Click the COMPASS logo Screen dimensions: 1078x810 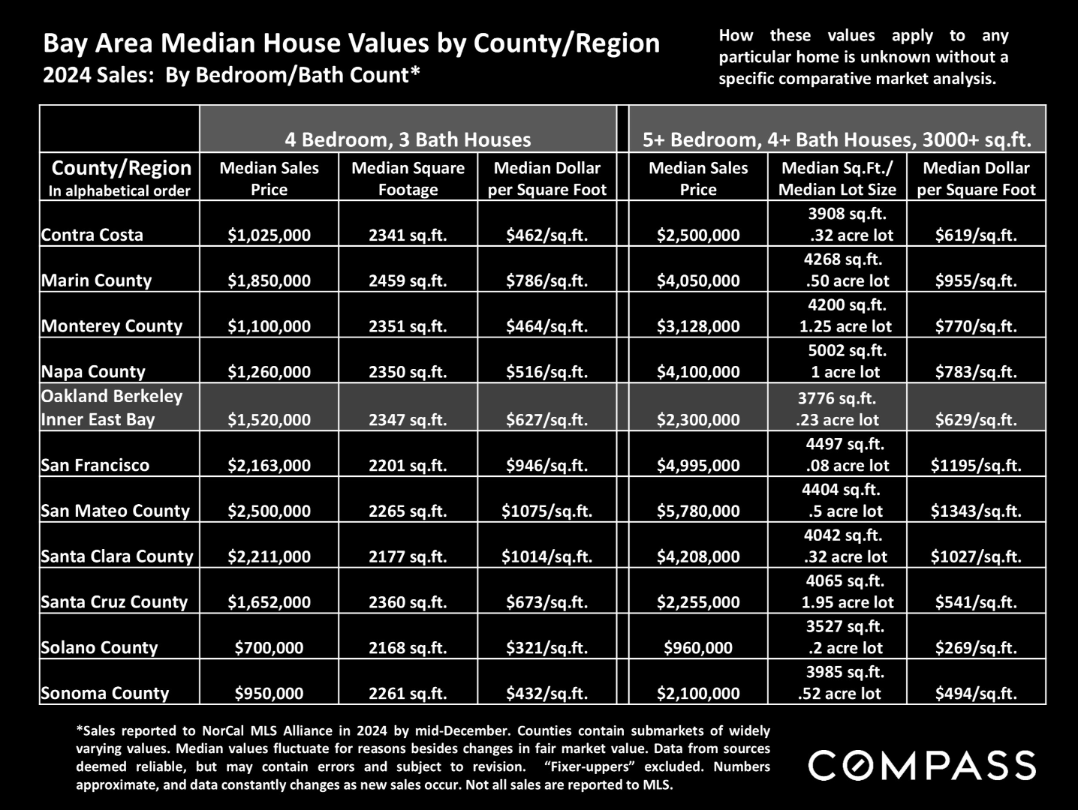pos(922,765)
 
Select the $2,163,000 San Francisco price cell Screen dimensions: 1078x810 pos(269,465)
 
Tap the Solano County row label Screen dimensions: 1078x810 pos(99,647)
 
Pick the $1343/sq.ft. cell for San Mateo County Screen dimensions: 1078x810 pos(976,511)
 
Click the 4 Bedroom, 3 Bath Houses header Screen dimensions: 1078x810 pos(408,139)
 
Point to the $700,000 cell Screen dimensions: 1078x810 pos(269,647)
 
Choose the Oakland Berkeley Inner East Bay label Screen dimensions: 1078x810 pos(112,408)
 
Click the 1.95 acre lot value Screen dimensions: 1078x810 pos(848,602)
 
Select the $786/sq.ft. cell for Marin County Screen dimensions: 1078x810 pos(547,280)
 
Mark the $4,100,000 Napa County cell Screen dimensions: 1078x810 pos(698,372)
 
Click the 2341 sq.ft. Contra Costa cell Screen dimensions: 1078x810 pos(408,235)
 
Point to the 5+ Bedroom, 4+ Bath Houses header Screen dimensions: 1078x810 pos(837,139)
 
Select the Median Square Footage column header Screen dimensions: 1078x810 pos(408,178)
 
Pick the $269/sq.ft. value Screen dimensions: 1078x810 pos(976,647)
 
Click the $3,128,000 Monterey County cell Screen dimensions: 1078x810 pos(698,326)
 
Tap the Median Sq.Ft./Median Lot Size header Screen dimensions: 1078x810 pos(837,178)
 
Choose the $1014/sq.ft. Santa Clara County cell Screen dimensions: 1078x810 pos(547,556)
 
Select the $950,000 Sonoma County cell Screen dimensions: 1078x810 pos(269,693)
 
